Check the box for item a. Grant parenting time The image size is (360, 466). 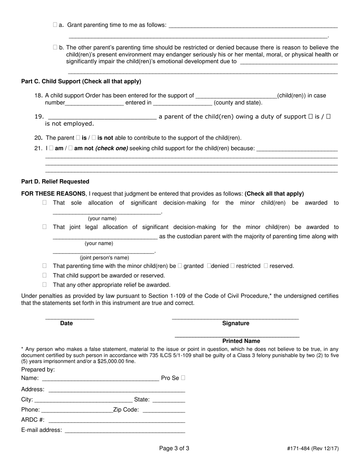point(55,25)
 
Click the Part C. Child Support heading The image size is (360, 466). point(81,81)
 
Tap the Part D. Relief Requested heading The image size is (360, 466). point(55,181)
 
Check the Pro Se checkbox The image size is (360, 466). point(183,378)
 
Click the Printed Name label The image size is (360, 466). point(241,341)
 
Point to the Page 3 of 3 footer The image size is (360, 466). point(174,449)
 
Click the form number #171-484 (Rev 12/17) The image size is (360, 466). point(313,449)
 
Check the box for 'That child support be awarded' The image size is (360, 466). point(45,275)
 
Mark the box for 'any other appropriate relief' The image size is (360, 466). point(45,285)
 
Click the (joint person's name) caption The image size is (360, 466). point(104,258)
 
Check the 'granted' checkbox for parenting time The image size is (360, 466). point(180,266)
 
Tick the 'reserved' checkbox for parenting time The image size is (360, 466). point(266,266)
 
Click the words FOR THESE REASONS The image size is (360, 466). point(53,194)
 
